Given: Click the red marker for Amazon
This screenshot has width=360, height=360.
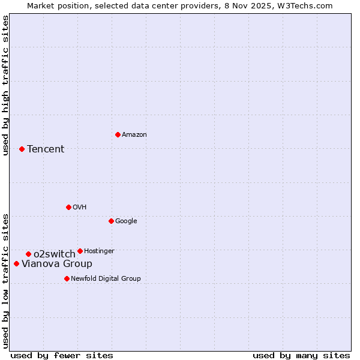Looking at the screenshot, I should (118, 134).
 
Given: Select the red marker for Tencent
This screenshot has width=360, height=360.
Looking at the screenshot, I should (22, 149).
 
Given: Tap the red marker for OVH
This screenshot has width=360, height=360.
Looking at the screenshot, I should (68, 207).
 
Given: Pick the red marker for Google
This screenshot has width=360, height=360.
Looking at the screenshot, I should (111, 221).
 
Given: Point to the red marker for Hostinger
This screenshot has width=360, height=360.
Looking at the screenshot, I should (80, 251).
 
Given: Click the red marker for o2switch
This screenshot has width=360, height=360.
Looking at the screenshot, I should (28, 254).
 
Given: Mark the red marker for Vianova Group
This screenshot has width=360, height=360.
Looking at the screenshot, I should (16, 263).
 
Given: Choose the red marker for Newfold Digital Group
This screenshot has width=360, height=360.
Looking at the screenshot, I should (67, 278).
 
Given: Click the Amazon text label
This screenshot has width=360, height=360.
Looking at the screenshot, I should (134, 135).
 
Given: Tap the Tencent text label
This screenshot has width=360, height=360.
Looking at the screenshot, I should (46, 149).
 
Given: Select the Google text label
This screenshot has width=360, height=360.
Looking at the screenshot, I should (126, 221).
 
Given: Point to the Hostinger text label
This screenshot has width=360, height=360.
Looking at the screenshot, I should (99, 251).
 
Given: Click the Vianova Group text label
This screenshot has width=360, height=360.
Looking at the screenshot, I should (57, 264).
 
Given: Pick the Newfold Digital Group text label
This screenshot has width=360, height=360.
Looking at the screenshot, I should (106, 279).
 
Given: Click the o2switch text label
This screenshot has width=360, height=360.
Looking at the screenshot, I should (54, 254).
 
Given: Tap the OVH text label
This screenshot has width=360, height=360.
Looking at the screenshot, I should (79, 208).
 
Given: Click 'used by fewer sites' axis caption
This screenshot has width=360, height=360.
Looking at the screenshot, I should (62, 355).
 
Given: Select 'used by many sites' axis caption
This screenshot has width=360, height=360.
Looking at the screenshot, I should (301, 355).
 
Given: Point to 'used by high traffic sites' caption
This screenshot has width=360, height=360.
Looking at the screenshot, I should (5, 86).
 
